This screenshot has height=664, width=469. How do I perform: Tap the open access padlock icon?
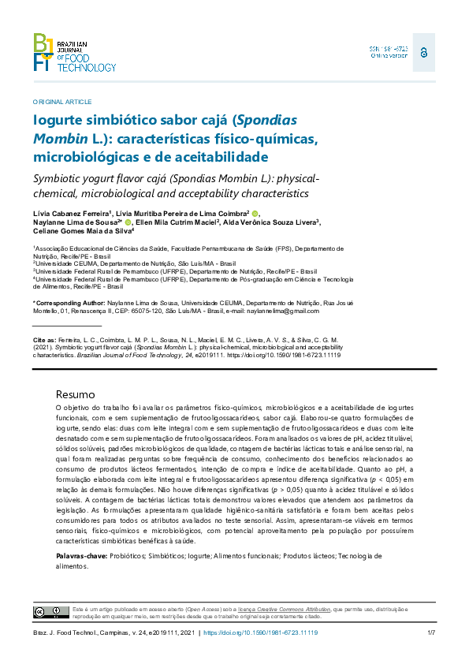pyautogui.click(x=424, y=52)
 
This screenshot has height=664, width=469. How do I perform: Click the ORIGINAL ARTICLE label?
pyautogui.click(x=62, y=102)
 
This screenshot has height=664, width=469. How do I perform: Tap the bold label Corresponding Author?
pyautogui.click(x=69, y=303)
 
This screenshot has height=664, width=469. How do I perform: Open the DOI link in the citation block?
pyautogui.click(x=300, y=356)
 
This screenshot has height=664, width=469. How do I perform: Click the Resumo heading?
pyautogui.click(x=76, y=394)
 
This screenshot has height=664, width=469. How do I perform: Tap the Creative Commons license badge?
pyautogui.click(x=49, y=613)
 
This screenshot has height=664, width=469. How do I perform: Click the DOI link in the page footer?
pyautogui.click(x=266, y=633)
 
